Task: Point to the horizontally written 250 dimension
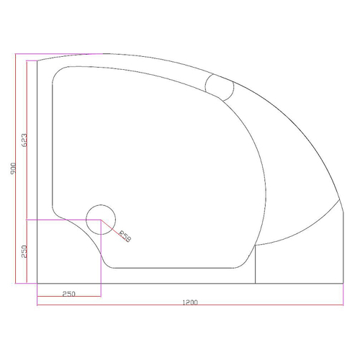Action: pyautogui.click(x=68, y=294)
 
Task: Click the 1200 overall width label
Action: pyautogui.click(x=189, y=302)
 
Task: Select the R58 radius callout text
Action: pyautogui.click(x=125, y=235)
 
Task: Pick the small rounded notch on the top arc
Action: pyautogui.click(x=220, y=86)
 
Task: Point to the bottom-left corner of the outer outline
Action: pyautogui.click(x=37, y=284)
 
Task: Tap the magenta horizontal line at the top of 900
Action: pyautogui.click(x=58, y=54)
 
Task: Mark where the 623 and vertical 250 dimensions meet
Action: pyautogui.click(x=27, y=218)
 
